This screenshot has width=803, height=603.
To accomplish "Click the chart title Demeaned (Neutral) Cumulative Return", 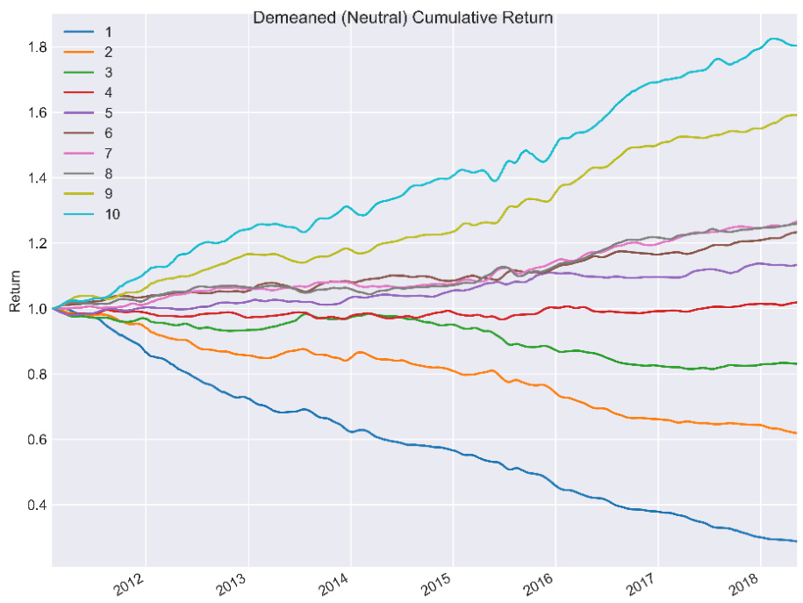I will [x=402, y=18].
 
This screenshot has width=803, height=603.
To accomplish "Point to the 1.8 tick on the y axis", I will [x=36, y=47].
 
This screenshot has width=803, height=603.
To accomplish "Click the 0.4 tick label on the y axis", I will [x=36, y=505].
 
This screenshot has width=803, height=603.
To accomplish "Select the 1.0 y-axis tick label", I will [x=36, y=309].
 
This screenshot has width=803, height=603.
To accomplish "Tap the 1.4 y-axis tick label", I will [x=36, y=178].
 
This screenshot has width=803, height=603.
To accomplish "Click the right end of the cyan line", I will [x=796, y=46].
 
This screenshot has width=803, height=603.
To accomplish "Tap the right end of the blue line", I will [x=796, y=542].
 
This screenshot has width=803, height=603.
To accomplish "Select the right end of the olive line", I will [x=796, y=115].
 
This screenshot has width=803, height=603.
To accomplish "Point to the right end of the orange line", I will [x=796, y=433].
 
